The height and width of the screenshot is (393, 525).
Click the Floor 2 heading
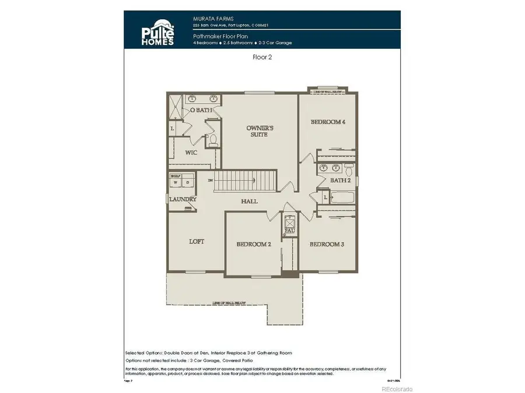click(263, 58)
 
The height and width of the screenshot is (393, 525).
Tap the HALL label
click(250, 201)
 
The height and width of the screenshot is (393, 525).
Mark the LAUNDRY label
click(182, 200)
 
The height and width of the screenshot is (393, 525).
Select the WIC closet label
click(191, 153)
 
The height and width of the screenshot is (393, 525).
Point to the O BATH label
click(201, 110)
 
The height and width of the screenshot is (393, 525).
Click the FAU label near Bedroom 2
click(288, 231)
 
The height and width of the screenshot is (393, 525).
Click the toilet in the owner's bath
click(213, 140)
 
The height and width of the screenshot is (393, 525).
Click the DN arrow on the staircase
click(211, 180)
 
